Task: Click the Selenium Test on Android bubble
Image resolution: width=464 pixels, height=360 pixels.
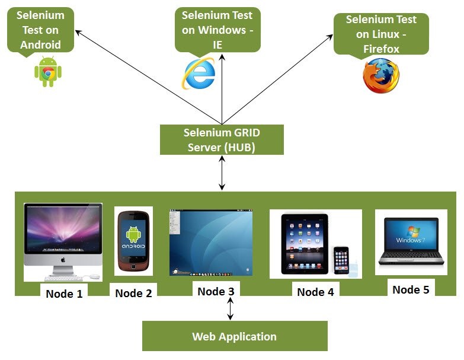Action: pos(40,30)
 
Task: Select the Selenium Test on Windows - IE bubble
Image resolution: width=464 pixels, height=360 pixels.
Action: pos(217,30)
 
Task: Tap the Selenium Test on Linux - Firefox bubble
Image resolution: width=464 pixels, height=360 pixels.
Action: pos(381,34)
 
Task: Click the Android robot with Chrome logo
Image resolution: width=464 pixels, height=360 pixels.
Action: pos(48,72)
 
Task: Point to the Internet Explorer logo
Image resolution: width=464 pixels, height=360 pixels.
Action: pos(199,74)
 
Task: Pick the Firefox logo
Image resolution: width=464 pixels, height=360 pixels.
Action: pos(381,76)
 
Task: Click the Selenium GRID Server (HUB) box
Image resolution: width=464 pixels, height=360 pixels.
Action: pos(222,140)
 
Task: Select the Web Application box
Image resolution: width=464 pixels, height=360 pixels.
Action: pos(235,336)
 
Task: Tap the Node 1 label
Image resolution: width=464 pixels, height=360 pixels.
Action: pos(64,294)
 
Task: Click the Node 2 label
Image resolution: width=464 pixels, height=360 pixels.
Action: pos(133,293)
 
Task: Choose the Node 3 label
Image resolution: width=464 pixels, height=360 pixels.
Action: pos(216,291)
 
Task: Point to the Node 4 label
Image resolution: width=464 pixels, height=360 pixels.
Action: pos(315,292)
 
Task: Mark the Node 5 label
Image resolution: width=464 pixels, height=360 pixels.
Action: pos(411,289)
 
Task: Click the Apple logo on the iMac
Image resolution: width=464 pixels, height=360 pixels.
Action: pos(63,260)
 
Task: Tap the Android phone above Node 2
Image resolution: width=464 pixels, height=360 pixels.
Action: pos(133,241)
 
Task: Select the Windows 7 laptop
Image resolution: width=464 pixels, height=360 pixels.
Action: pos(411,241)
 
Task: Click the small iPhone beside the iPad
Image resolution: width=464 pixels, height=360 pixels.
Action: pos(341,260)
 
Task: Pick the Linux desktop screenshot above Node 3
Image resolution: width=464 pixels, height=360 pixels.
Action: pos(211,243)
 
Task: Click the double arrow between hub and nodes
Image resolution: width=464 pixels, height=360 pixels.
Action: pos(222,173)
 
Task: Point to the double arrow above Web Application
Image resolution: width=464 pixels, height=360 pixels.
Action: pos(231,308)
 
